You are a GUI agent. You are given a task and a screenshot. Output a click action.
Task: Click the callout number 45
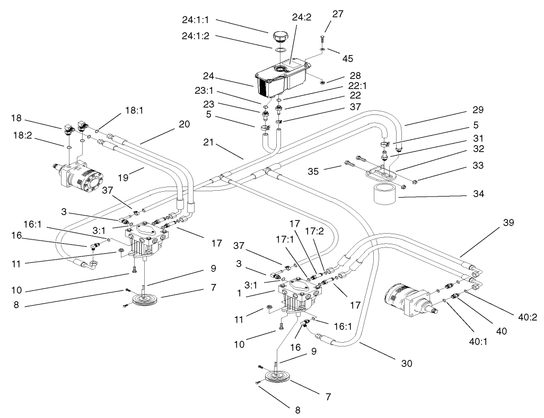348,58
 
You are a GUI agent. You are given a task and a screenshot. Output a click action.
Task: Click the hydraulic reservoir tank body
282,76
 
